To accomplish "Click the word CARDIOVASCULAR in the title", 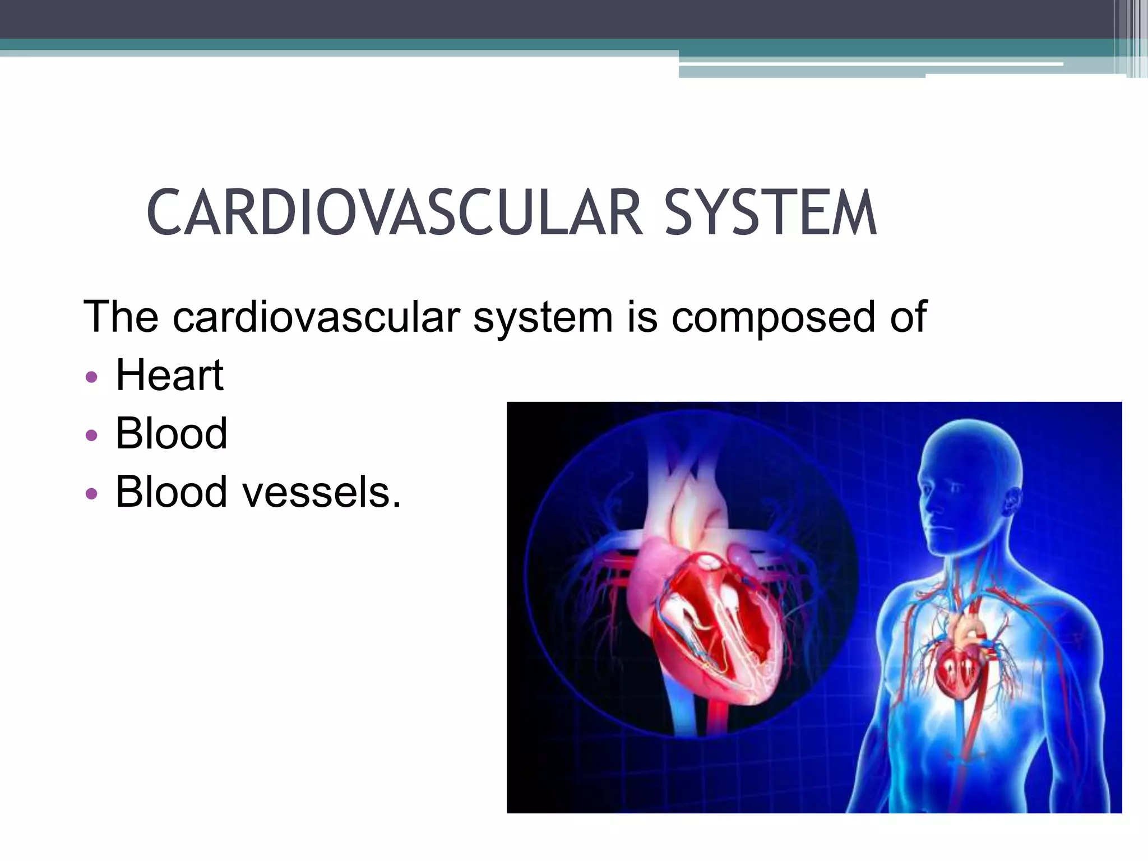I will [394, 213].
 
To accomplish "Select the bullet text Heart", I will [169, 375].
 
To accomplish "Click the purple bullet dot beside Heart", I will [91, 377].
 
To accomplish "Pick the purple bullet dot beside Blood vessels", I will [91, 493].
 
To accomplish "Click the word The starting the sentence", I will [121, 316].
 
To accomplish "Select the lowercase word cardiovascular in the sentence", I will [317, 317].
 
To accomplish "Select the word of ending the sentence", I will [908, 316].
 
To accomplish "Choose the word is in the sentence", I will [642, 316].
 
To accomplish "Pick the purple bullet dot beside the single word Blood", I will [91, 435].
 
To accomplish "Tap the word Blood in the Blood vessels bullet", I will [171, 492].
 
